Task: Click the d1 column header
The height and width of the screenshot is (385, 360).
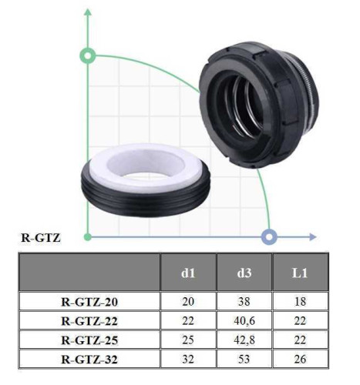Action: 188,273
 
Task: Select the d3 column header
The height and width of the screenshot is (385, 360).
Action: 244,273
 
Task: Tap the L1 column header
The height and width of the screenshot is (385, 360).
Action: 300,273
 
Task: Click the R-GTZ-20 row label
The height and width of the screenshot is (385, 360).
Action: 89,302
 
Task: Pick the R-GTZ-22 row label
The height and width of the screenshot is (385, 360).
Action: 89,321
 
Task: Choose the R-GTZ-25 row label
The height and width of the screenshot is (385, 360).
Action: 89,340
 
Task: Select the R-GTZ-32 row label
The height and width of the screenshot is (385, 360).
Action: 89,360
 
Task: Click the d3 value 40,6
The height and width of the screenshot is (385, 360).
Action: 244,321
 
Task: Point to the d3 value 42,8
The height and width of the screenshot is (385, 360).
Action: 244,340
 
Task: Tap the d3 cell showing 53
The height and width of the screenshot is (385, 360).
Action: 244,359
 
